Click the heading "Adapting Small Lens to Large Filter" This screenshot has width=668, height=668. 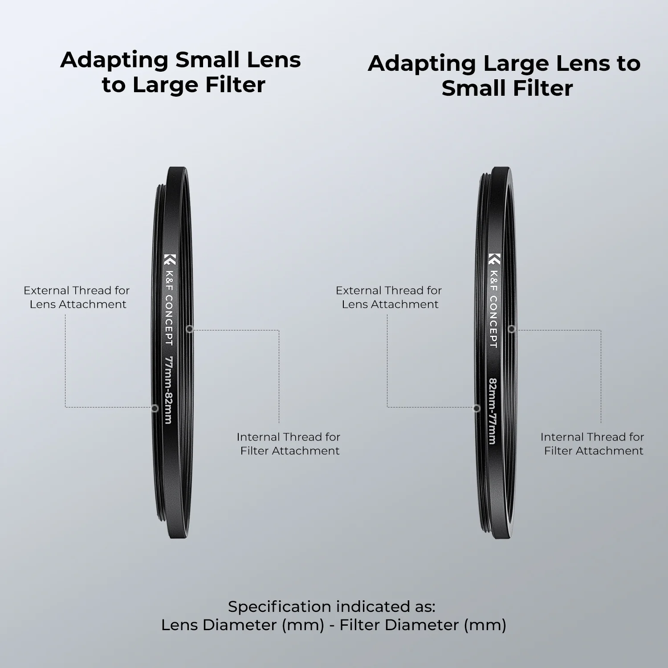180,72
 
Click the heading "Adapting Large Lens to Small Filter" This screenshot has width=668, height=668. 504,76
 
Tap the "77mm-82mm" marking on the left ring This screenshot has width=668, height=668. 168,390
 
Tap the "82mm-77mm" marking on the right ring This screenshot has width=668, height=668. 492,411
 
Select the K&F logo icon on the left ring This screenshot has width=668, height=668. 170,259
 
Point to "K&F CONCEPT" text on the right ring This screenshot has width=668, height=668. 493,309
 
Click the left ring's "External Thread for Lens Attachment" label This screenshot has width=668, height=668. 77,297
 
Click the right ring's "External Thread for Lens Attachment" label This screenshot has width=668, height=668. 389,297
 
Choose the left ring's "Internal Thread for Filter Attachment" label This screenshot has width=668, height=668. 289,444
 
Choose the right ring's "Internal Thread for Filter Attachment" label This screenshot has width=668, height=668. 592,444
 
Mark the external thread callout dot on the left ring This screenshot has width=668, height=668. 155,408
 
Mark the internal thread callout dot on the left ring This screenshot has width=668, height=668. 190,329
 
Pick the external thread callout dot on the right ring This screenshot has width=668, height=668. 477,408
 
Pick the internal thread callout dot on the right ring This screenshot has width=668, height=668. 512,329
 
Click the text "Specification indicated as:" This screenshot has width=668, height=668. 332,607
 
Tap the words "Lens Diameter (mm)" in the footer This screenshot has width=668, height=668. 243,625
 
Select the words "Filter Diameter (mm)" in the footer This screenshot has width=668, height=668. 423,625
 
